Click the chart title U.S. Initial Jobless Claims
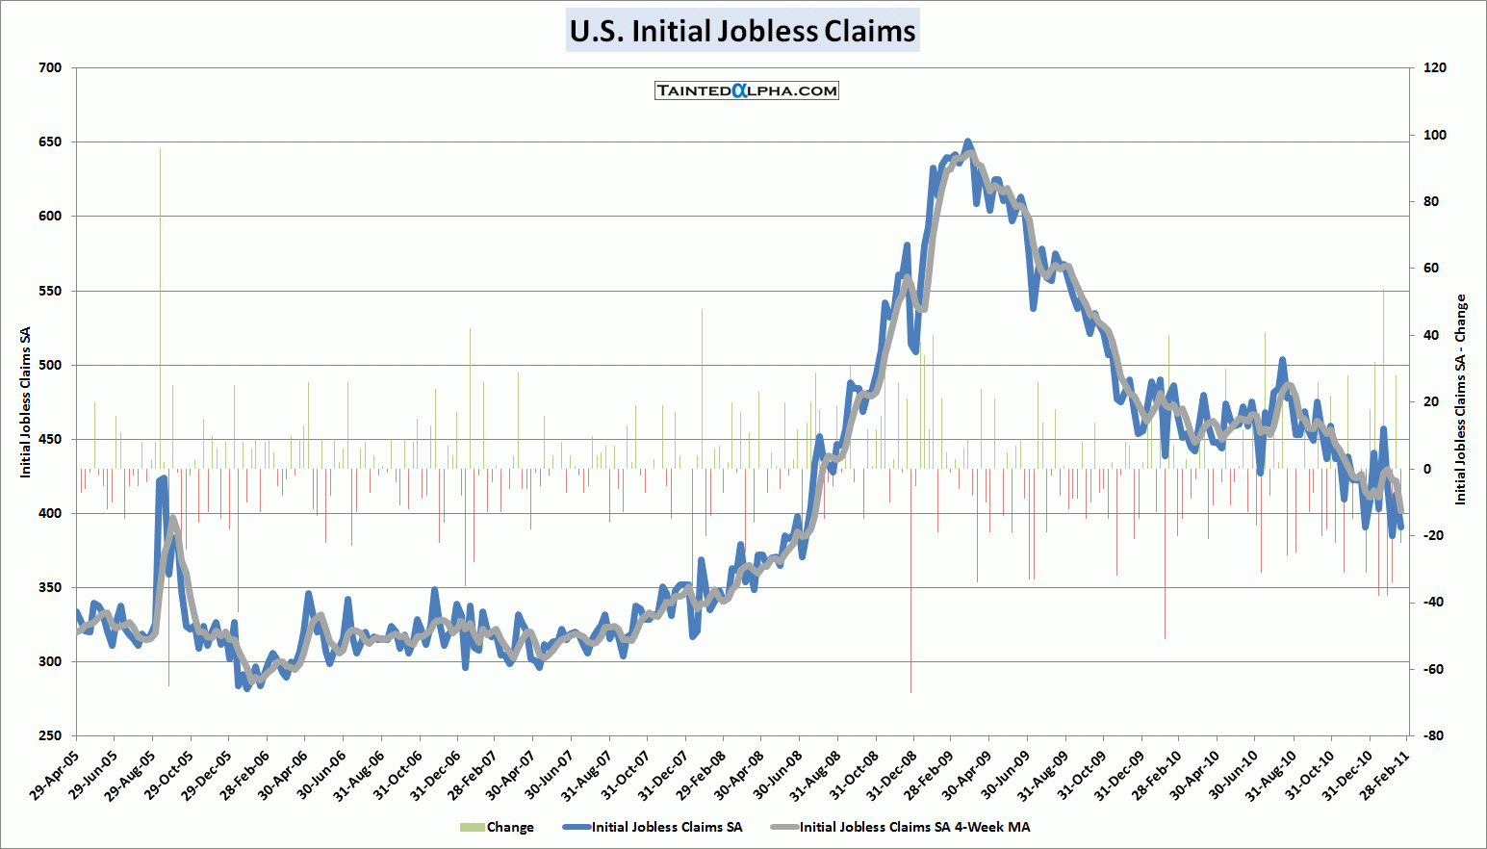(742, 31)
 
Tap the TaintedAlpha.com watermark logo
(747, 90)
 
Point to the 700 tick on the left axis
(51, 68)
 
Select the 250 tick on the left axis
(51, 735)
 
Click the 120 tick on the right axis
(1434, 68)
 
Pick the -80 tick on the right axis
(1433, 735)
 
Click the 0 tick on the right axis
(1427, 469)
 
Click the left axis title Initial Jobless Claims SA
(26, 402)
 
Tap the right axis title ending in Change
(1460, 399)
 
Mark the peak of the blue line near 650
(968, 141)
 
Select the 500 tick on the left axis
(51, 365)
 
